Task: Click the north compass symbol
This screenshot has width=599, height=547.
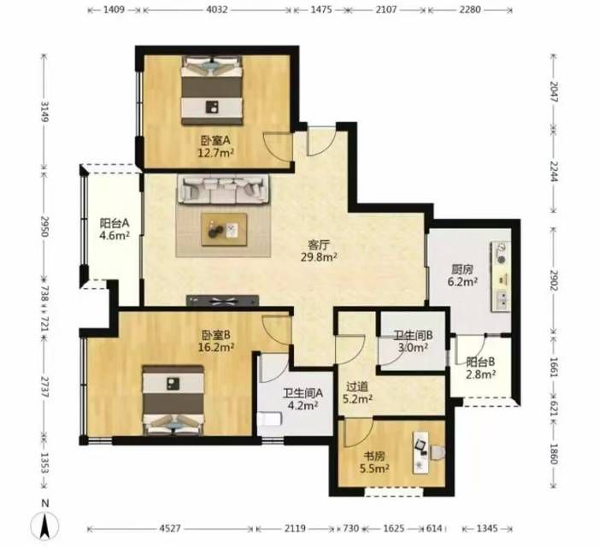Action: [x=44, y=526]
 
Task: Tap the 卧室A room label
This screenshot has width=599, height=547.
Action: [x=215, y=141]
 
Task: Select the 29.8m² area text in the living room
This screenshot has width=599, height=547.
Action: [x=319, y=257]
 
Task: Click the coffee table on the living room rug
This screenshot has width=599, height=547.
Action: [x=224, y=229]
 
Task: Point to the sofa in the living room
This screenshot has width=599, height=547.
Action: [x=223, y=189]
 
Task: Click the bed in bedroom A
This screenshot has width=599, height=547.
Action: [x=212, y=90]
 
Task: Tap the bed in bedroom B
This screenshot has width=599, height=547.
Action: [x=173, y=400]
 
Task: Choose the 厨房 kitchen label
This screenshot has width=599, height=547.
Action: [x=462, y=270]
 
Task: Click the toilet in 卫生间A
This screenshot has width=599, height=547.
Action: [x=270, y=419]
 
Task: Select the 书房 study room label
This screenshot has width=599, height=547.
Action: [x=374, y=456]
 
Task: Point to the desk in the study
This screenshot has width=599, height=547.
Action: [x=422, y=453]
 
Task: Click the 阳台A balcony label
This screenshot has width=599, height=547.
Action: [x=115, y=223]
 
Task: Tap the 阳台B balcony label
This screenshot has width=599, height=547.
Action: [x=480, y=362]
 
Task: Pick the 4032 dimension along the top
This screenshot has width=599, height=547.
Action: [x=217, y=10]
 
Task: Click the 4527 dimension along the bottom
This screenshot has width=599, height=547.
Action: [x=169, y=529]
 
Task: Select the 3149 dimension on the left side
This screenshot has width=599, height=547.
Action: [x=45, y=112]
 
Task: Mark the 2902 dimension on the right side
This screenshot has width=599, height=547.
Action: [x=554, y=280]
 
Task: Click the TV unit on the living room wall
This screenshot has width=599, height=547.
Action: [x=223, y=301]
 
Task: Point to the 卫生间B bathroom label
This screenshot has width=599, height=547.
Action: [x=414, y=335]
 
